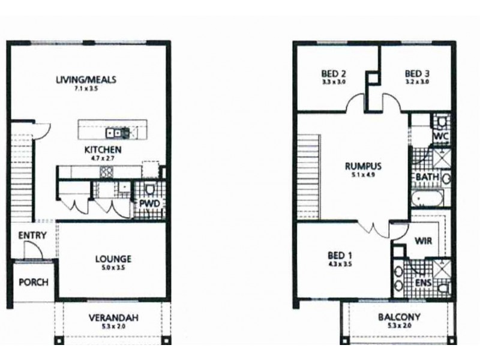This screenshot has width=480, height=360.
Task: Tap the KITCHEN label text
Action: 103,149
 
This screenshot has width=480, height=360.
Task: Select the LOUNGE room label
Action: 113,259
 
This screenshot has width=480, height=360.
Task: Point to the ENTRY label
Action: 29,235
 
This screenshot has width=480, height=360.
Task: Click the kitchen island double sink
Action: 114,133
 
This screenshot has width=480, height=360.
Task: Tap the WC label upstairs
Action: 441,137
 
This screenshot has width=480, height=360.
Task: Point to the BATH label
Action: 427,178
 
